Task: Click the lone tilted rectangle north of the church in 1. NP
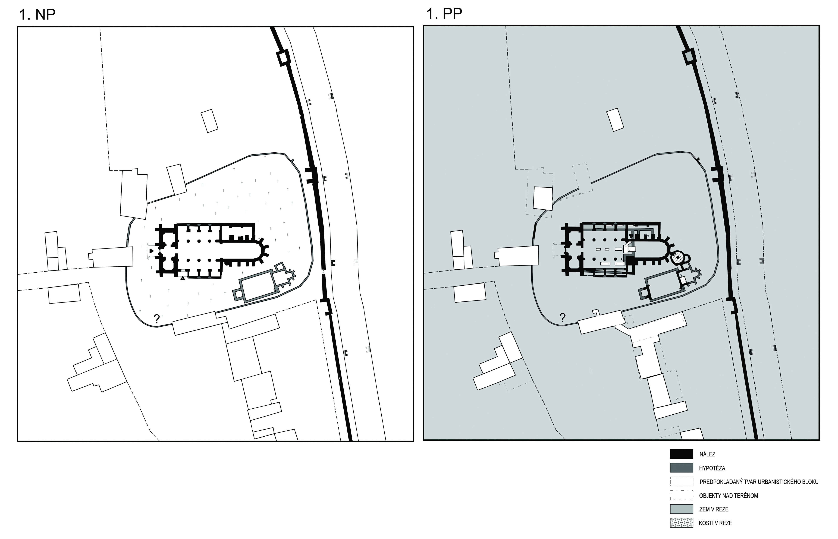(209, 121)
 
